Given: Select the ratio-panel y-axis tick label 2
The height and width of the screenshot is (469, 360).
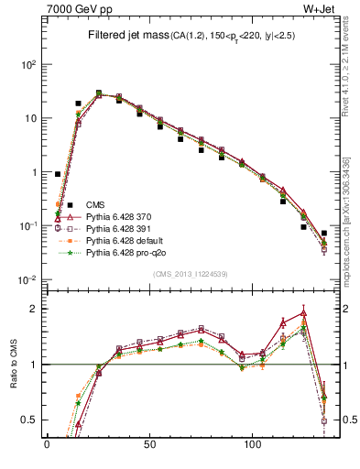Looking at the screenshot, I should pos(33,309).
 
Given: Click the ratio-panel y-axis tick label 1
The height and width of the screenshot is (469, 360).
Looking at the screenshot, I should pos(33,365).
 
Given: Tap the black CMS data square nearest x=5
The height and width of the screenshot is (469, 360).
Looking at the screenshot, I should pos(58,173).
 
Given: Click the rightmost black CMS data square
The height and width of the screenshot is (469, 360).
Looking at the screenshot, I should pos(324,234).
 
